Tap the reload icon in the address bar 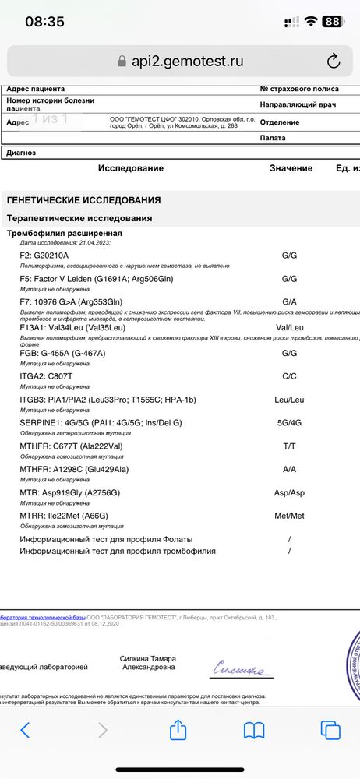coord(333,61)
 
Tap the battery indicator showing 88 coord(332,22)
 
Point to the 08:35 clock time coord(44,22)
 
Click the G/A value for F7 coord(290,301)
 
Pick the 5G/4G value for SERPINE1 coord(290,422)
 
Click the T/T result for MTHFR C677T coord(290,446)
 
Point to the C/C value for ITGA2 coord(290,375)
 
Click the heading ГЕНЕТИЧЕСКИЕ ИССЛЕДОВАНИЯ coord(84,200)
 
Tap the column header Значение coord(291,168)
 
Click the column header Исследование coord(131,168)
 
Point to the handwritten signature coord(242,668)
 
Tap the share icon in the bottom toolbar coord(178,730)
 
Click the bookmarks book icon coord(254,730)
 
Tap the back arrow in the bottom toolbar coord(26,730)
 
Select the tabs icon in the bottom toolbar coord(330,730)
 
